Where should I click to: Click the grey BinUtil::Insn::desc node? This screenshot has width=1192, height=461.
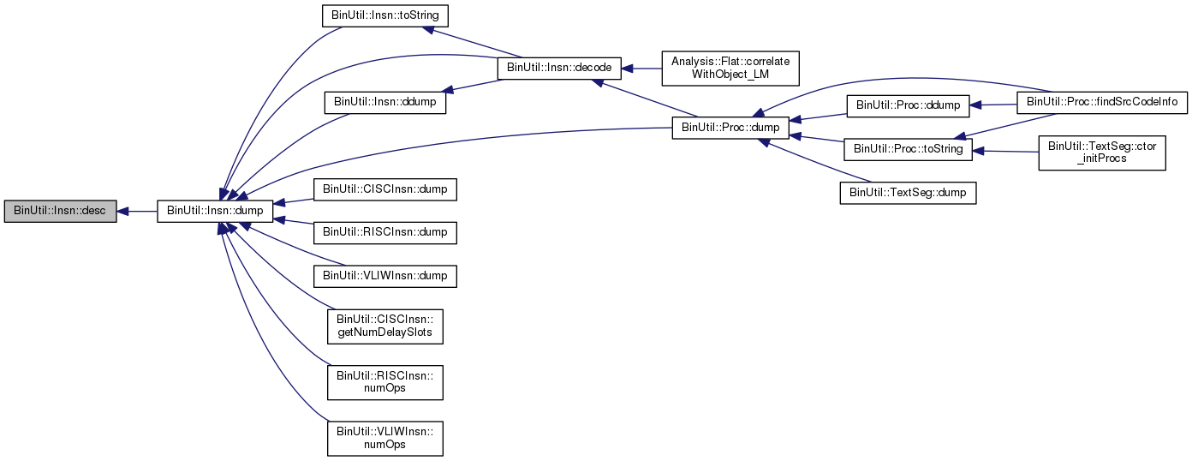(59, 211)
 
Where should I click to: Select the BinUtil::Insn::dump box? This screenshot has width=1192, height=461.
(215, 211)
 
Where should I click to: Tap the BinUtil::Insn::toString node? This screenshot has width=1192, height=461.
(384, 15)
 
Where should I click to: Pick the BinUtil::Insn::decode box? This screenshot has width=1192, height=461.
(559, 67)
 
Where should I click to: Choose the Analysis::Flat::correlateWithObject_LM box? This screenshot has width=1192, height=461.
(730, 68)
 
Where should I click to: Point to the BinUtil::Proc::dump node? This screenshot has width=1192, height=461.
(730, 127)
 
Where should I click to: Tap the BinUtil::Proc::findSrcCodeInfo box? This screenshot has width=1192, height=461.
(1101, 102)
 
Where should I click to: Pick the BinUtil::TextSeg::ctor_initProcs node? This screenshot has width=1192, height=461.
(1102, 152)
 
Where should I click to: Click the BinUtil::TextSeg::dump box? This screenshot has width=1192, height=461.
(907, 193)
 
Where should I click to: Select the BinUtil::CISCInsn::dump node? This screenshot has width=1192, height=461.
(384, 189)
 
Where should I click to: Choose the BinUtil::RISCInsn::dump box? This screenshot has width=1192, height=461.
(384, 232)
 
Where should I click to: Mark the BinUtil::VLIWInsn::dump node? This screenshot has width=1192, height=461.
(384, 276)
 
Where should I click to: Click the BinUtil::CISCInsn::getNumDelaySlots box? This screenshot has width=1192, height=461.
(384, 326)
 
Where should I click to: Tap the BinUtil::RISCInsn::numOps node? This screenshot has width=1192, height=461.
(384, 382)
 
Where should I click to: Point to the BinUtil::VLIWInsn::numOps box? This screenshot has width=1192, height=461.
(384, 438)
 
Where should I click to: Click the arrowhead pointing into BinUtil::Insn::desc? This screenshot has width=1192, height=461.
(123, 211)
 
